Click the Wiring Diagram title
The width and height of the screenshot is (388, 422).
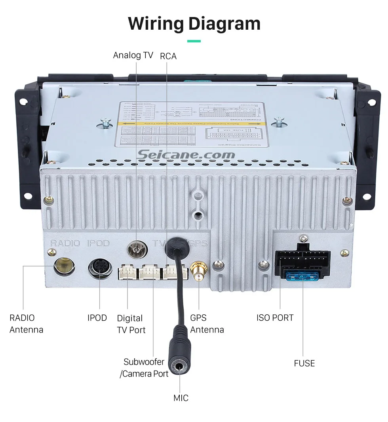(194, 23)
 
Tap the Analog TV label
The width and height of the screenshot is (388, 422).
(133, 55)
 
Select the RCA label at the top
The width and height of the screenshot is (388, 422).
(168, 56)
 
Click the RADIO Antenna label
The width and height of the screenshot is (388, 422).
(26, 323)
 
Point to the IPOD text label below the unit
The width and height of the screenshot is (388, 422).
(97, 317)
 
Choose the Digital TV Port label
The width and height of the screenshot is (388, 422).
(131, 324)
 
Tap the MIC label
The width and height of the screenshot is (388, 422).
(181, 398)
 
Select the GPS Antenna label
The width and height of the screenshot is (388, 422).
(207, 323)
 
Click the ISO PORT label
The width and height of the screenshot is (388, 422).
(275, 317)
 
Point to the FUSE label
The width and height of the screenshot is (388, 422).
(304, 363)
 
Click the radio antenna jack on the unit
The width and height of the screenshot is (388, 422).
(64, 265)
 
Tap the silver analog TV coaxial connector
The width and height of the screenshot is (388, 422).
(136, 250)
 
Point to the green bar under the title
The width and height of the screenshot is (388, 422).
(194, 41)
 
